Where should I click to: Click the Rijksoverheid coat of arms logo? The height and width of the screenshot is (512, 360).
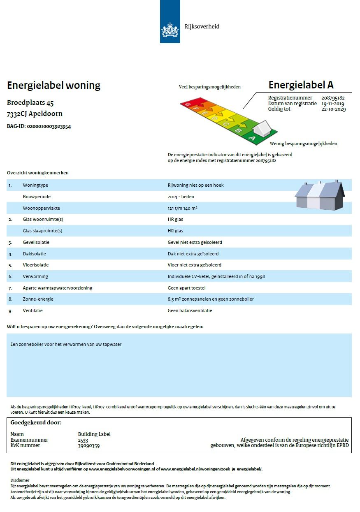click(x=170, y=30)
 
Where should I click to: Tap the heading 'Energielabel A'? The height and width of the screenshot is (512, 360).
click(x=301, y=85)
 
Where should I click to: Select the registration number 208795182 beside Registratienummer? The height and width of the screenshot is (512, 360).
click(x=333, y=98)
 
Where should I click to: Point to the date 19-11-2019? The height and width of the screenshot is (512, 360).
click(x=333, y=104)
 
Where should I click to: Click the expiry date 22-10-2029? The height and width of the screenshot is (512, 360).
click(x=333, y=109)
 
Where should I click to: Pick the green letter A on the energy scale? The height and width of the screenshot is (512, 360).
click(x=252, y=139)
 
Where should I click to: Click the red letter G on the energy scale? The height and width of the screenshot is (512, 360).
click(x=188, y=104)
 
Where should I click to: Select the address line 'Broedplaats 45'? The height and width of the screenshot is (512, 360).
click(x=30, y=103)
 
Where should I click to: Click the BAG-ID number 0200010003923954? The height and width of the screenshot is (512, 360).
click(x=49, y=127)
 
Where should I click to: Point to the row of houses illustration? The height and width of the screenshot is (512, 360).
click(x=320, y=195)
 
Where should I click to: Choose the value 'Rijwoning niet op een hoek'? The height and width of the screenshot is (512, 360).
click(x=195, y=185)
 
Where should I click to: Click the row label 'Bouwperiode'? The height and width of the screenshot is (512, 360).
click(x=37, y=197)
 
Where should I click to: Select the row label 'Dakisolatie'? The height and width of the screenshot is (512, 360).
click(x=35, y=254)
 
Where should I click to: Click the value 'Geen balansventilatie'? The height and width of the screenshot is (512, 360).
click(x=190, y=310)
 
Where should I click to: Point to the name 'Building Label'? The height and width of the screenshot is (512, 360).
click(x=94, y=434)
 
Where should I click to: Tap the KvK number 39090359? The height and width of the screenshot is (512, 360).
click(x=89, y=445)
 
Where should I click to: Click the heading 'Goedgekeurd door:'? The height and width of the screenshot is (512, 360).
click(x=36, y=422)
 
